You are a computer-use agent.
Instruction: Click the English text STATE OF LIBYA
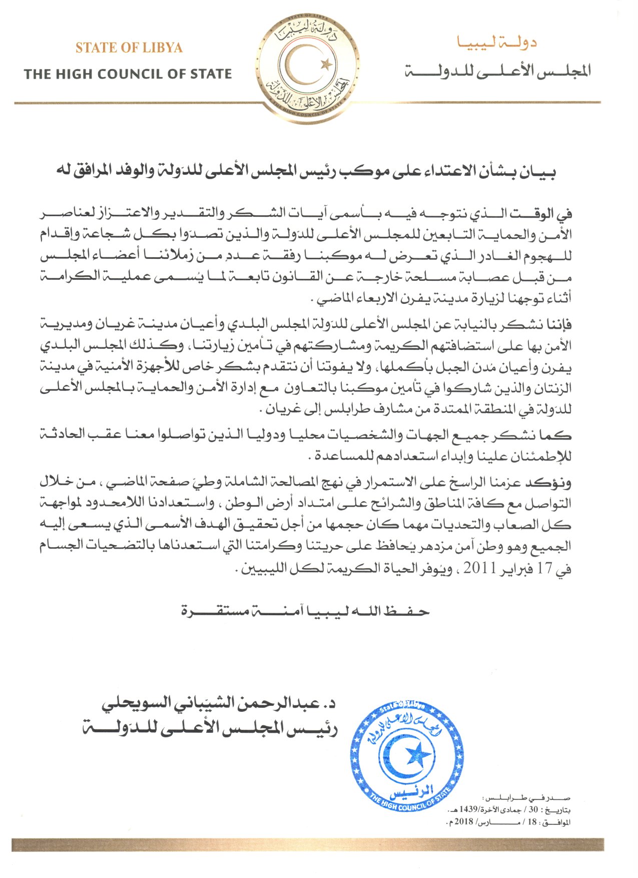[x=129, y=48]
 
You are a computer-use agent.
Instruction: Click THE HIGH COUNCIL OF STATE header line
[x=128, y=75]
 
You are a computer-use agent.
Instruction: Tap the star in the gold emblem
[x=327, y=64]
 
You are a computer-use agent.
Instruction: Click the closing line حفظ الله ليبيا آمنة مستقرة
[x=305, y=611]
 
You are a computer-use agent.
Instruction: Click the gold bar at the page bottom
[x=307, y=844]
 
